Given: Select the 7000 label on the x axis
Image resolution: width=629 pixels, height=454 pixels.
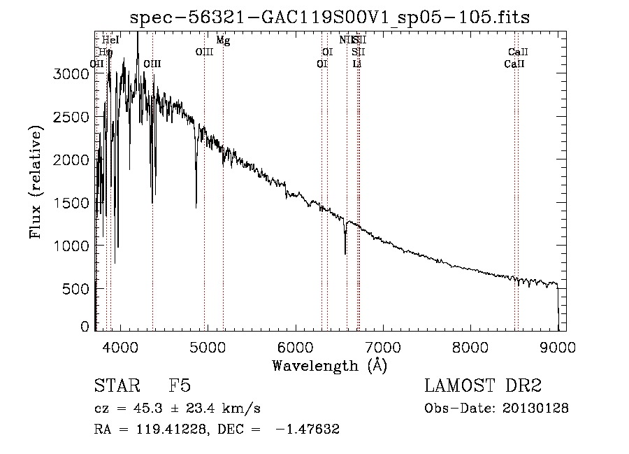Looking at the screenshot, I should pos(382,346).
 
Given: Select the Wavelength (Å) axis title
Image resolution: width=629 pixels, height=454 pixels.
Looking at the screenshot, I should pos(329,365).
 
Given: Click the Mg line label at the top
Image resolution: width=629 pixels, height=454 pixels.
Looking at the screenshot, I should pos(223,41).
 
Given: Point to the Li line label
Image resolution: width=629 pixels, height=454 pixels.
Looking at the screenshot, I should pos(357,64).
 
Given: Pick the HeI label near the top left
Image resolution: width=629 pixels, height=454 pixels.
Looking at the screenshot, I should pos(110,41).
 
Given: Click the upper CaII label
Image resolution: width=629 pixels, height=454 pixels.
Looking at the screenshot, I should pos(518,52).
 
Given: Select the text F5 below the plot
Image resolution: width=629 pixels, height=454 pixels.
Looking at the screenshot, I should pos(180,386).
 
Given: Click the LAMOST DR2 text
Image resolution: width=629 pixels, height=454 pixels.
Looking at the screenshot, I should pos(483,386).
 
